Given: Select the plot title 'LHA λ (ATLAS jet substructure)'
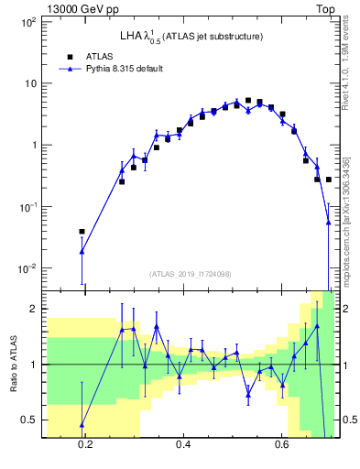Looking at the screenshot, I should [x=191, y=37].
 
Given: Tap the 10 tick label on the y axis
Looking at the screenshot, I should [x=29, y=83].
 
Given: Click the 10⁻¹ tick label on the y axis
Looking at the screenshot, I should [x=27, y=207].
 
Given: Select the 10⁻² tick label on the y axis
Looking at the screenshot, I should [x=27, y=268].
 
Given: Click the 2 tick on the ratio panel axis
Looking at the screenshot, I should [x=33, y=309].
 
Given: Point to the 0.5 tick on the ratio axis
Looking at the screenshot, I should [x=29, y=420].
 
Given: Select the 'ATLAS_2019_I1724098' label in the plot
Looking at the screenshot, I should [x=191, y=274].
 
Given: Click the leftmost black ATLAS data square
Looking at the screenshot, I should [x=82, y=232].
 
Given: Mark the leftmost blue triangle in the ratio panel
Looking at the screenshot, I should [x=82, y=425].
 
